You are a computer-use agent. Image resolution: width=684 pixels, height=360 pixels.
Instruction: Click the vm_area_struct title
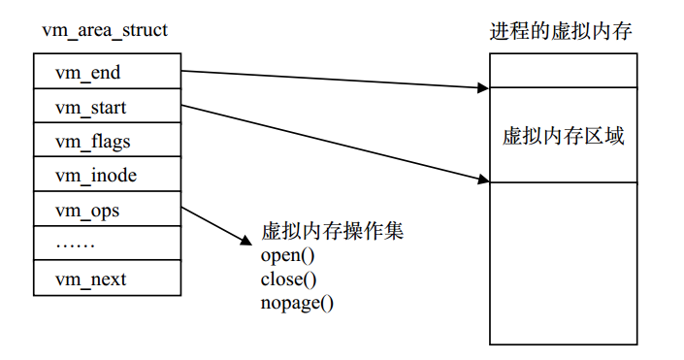pos(105,31)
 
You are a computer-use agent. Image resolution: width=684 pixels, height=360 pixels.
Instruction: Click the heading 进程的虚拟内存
pos(562,31)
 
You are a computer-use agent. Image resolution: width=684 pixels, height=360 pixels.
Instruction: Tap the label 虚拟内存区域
pos(563,135)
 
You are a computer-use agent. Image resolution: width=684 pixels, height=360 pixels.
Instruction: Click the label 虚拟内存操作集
pos(332,232)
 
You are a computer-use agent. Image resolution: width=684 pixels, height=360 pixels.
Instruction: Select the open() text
pos(288,257)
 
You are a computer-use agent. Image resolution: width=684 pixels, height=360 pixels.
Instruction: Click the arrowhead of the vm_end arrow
pos(485,88)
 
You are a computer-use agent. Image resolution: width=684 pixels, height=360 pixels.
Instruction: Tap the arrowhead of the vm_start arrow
pos(485,180)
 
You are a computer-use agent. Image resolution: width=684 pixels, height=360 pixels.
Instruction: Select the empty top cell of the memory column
pos(563,70)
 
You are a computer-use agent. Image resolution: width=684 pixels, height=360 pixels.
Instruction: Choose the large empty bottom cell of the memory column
pos(563,262)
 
